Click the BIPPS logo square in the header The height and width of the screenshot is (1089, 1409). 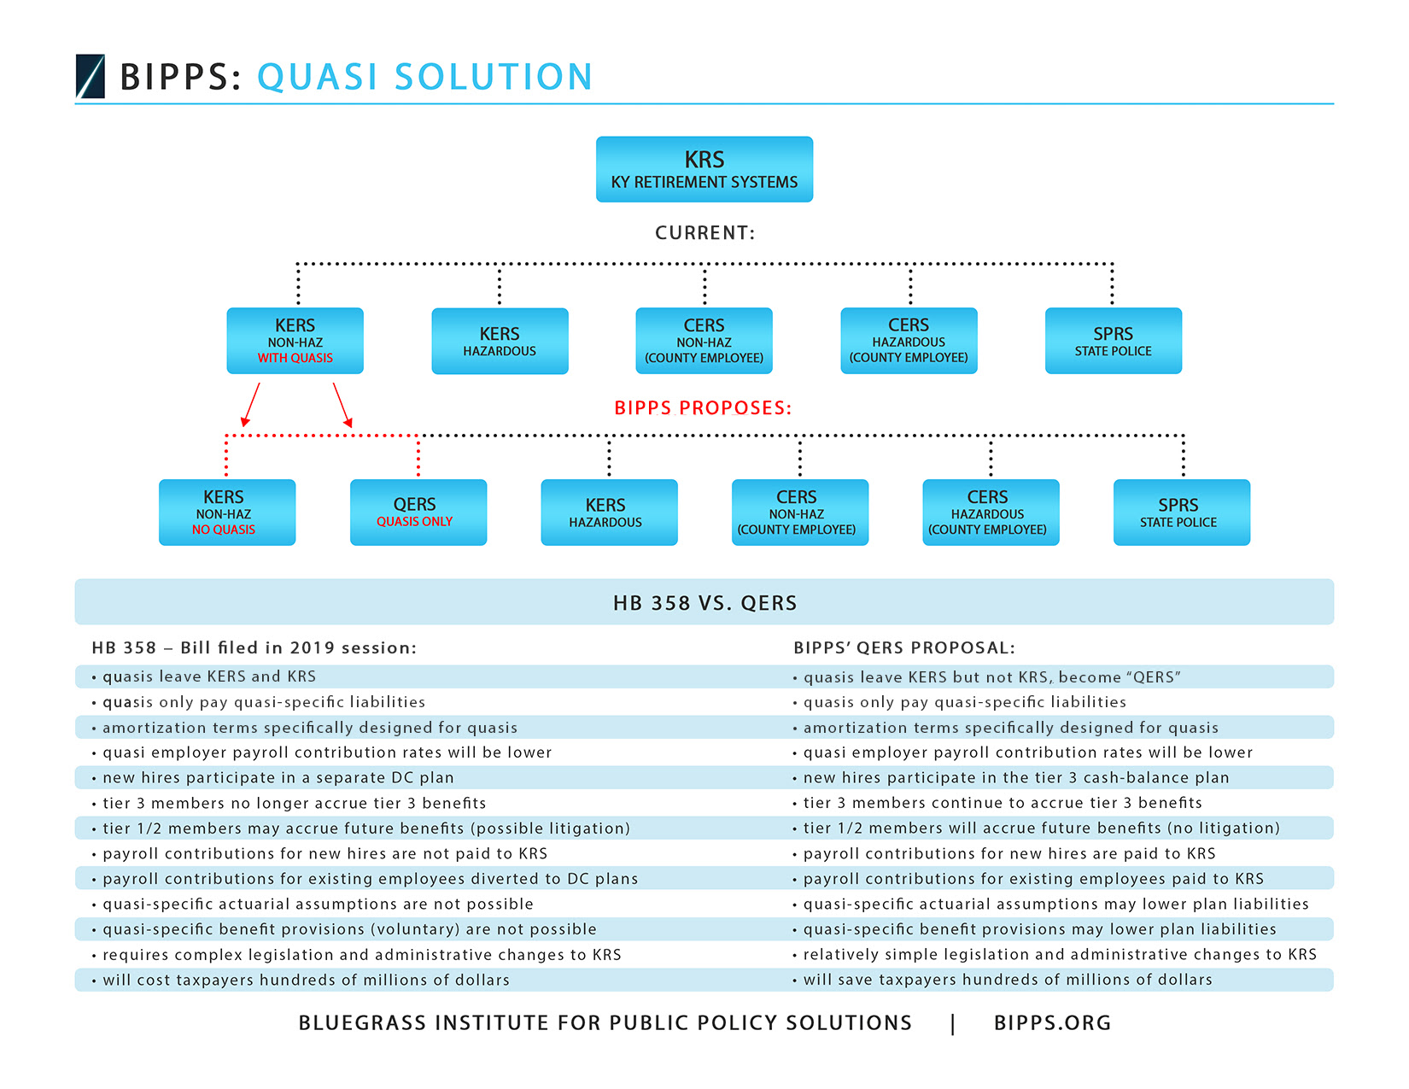click(91, 76)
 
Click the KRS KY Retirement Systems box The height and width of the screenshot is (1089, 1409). click(704, 169)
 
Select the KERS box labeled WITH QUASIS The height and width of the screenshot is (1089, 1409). click(295, 341)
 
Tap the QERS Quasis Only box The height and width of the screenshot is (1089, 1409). click(418, 512)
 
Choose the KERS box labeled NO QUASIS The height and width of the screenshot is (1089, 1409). click(227, 512)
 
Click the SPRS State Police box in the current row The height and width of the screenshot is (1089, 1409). click(1114, 341)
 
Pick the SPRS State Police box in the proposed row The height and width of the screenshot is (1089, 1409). click(1181, 512)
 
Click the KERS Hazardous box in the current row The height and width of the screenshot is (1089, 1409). click(500, 341)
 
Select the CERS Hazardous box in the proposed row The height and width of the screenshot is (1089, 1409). click(991, 512)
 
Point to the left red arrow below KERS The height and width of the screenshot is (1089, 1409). click(250, 405)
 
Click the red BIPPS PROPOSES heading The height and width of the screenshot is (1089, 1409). click(703, 408)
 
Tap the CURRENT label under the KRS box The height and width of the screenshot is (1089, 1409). click(704, 233)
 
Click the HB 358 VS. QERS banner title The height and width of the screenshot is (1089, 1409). click(704, 603)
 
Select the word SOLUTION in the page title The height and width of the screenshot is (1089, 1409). click(494, 77)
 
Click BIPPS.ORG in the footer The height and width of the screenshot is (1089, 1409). click(1052, 1023)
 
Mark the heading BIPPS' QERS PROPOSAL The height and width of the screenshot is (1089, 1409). click(904, 647)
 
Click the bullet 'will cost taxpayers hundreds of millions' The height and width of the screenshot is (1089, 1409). click(301, 980)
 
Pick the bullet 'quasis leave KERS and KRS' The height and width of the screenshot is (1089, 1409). click(203, 676)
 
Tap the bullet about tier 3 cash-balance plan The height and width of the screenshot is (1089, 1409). click(1011, 777)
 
